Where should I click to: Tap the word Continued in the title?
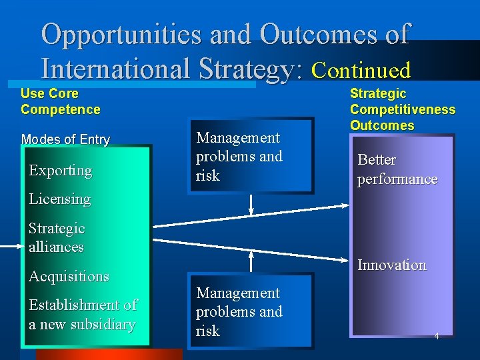click(x=361, y=69)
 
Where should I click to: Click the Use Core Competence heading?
click(x=60, y=101)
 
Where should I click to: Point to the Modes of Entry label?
click(x=65, y=139)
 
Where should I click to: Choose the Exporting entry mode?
click(x=60, y=171)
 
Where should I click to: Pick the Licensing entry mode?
click(x=59, y=199)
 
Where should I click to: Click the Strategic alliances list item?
click(x=57, y=237)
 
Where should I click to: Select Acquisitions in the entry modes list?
click(x=69, y=276)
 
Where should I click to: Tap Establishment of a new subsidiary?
click(x=83, y=315)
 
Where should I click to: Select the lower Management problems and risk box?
click(x=249, y=312)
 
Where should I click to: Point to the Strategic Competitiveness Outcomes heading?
click(x=403, y=109)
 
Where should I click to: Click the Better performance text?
click(x=397, y=169)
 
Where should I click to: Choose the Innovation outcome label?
click(x=391, y=265)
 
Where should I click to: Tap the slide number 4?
click(x=437, y=336)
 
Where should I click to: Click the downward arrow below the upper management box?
click(x=251, y=205)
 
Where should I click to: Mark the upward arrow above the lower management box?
click(x=251, y=261)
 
